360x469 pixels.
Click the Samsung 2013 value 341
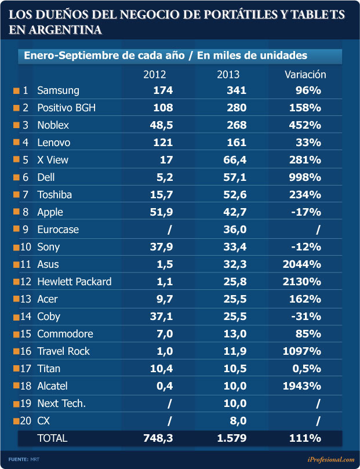point(236,90)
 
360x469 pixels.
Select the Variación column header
point(306,74)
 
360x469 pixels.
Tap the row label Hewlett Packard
point(74,282)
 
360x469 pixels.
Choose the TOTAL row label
point(52,438)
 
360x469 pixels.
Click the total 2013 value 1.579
point(232,438)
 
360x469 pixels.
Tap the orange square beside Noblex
point(16,126)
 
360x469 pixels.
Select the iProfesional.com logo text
point(330,459)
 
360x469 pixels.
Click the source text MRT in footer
point(35,459)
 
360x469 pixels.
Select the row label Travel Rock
point(63,351)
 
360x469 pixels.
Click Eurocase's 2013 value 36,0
point(235,230)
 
